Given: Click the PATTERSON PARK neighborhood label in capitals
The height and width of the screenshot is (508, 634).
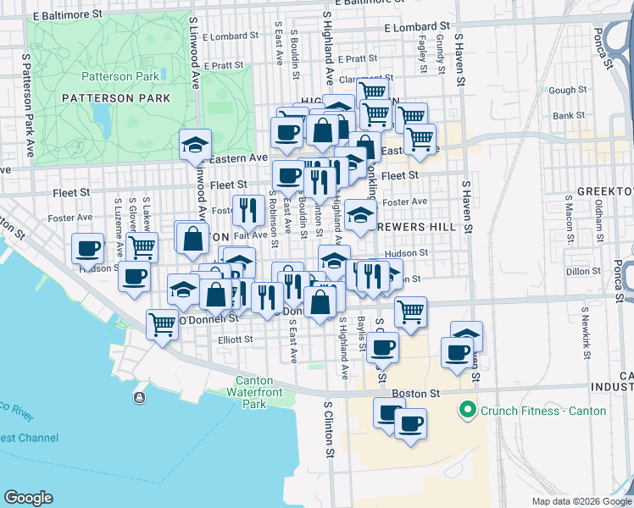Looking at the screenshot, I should click(116, 98).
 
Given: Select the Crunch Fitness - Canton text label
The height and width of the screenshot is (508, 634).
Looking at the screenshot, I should click(543, 411).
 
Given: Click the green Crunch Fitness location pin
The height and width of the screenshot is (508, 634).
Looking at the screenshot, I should click(465, 411).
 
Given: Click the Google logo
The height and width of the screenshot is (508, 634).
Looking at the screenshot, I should click(28, 498).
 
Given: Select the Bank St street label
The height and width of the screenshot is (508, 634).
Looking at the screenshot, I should click(568, 115).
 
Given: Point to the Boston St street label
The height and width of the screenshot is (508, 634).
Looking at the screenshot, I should click(416, 394).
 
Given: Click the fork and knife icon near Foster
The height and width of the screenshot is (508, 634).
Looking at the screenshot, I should click(247, 207).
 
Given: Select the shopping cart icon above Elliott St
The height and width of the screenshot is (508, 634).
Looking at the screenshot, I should click(162, 323).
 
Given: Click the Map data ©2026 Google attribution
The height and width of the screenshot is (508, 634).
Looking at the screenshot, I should click(581, 501).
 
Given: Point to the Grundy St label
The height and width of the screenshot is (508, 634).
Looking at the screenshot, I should click(441, 48).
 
